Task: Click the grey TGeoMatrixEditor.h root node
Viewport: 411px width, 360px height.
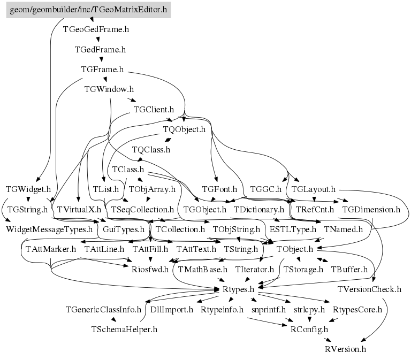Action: click(x=89, y=10)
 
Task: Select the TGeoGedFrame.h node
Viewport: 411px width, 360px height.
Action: click(x=96, y=29)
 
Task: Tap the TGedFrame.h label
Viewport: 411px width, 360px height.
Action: click(x=100, y=50)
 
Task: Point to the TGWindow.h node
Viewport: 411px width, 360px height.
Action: click(x=109, y=89)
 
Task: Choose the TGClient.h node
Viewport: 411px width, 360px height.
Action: click(x=154, y=110)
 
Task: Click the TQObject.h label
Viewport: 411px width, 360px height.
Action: click(x=184, y=129)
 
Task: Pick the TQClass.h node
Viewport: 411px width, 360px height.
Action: click(x=151, y=150)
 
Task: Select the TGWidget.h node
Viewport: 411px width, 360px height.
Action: click(x=28, y=189)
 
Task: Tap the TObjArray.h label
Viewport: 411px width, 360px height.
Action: click(x=152, y=189)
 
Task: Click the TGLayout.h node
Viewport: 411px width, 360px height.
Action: click(x=314, y=189)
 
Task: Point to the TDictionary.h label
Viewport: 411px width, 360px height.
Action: click(x=258, y=210)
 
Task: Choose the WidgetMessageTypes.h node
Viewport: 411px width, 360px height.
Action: click(x=49, y=229)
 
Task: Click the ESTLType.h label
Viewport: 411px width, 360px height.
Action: click(x=293, y=229)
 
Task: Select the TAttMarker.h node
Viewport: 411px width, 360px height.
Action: click(x=51, y=249)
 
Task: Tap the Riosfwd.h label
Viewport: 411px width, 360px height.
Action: click(x=150, y=270)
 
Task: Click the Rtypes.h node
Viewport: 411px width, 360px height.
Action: click(x=238, y=289)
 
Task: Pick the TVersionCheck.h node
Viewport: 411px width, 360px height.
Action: click(x=369, y=289)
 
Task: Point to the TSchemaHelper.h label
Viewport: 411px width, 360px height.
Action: click(x=124, y=330)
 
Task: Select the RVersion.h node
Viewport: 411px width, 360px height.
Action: click(x=345, y=349)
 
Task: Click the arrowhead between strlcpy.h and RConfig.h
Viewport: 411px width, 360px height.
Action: click(x=309, y=319)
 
